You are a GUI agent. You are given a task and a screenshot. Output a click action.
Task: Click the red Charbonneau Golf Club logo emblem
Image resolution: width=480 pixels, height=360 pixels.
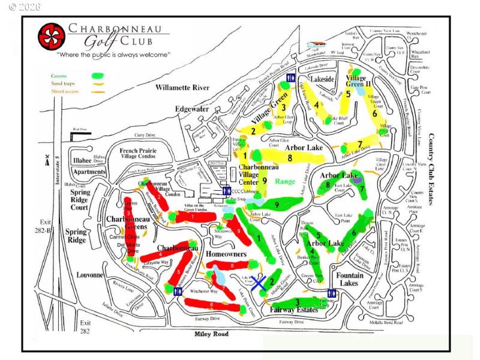click(52, 37)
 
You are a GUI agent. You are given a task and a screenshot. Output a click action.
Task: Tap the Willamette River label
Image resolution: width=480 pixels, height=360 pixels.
click(181, 88)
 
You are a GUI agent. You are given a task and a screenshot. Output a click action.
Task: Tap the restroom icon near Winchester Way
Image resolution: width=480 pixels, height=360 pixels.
click(178, 291)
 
